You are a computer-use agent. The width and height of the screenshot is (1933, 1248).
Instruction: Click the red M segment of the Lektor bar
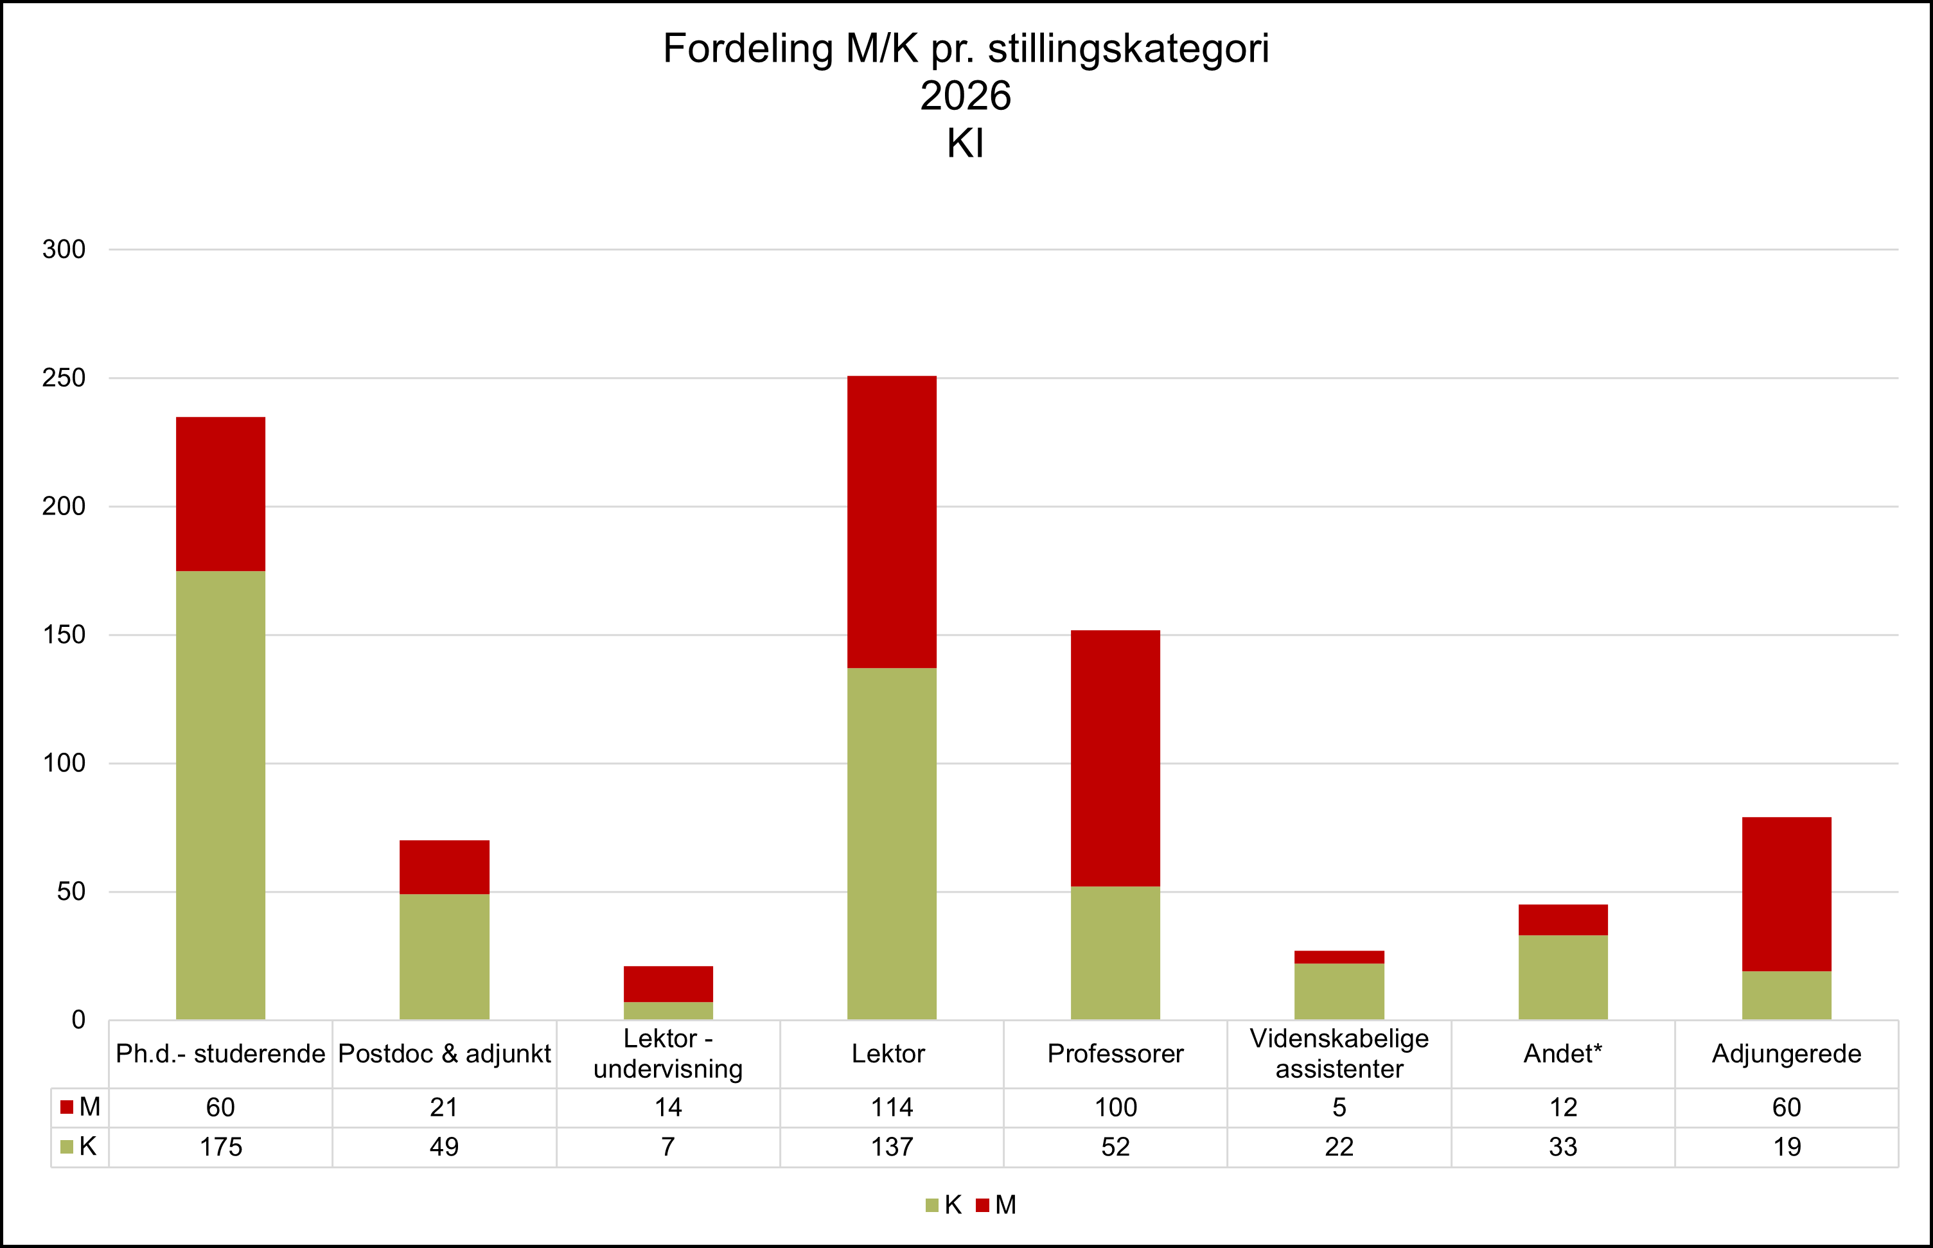[892, 522]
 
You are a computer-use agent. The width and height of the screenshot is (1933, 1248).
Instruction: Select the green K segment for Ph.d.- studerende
[220, 794]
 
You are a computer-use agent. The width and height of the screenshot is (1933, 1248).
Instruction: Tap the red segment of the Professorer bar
[1115, 758]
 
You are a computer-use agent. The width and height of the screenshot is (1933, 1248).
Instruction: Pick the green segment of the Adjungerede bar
[1787, 995]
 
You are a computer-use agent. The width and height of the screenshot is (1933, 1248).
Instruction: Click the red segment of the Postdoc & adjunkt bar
[444, 867]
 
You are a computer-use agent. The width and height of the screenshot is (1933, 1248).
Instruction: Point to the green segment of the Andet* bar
[1562, 978]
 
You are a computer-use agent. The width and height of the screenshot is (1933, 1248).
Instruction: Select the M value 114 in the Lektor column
[892, 1107]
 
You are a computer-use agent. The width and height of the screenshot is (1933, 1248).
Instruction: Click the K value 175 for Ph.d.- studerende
[220, 1147]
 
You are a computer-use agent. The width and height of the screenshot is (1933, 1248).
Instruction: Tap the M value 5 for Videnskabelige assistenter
[1339, 1107]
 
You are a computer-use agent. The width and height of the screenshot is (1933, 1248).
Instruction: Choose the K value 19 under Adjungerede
[1787, 1147]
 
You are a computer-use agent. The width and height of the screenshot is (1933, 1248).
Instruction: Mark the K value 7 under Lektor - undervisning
[668, 1147]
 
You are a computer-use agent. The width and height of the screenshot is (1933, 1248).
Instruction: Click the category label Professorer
[1115, 1053]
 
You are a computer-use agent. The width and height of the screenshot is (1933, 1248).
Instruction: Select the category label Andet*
[1562, 1053]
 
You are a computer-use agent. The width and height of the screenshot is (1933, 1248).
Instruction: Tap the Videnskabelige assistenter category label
[1339, 1053]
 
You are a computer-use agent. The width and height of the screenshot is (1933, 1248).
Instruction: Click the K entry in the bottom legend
[944, 1205]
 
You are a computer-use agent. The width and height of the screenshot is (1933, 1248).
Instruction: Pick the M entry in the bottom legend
[996, 1205]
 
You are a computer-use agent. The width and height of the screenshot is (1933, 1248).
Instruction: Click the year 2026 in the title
[966, 96]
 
